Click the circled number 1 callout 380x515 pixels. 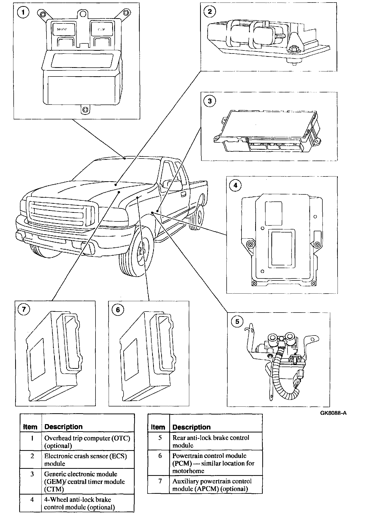click(23, 12)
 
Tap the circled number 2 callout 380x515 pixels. click(209, 12)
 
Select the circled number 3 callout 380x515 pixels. click(209, 101)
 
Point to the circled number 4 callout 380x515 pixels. click(235, 186)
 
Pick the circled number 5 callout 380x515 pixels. click(237, 321)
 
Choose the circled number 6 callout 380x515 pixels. click(118, 310)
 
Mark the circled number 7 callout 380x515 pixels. click(24, 309)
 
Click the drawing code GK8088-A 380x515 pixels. click(333, 413)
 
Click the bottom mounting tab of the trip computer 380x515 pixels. click(85, 110)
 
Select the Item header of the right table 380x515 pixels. click(158, 427)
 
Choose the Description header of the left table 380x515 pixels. click(63, 427)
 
